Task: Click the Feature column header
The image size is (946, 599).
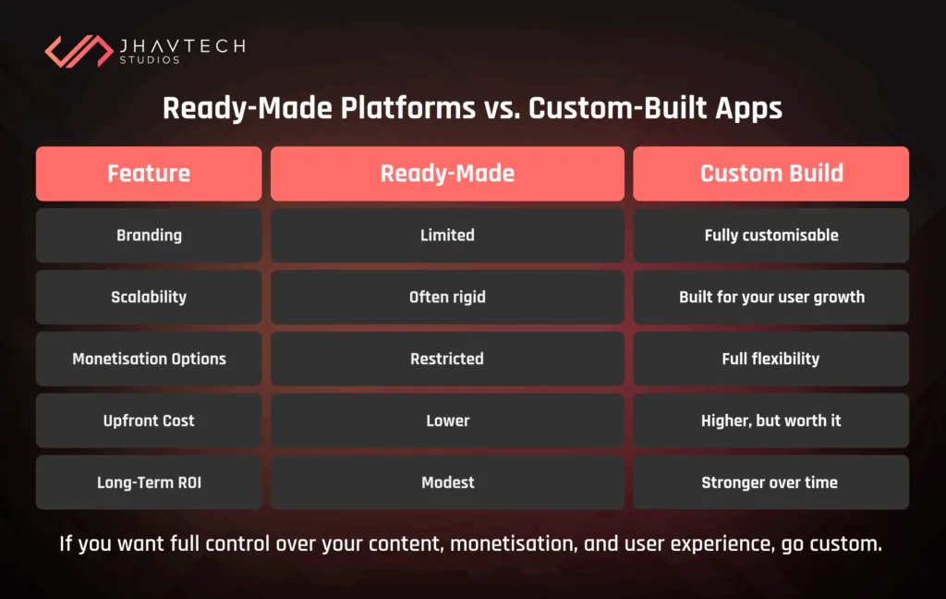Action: [x=149, y=174]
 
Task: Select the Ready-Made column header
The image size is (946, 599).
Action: [x=447, y=174]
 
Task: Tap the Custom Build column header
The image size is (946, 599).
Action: [x=771, y=174]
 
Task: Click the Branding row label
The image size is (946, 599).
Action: [x=149, y=235]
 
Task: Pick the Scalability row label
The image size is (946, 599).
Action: [x=149, y=297]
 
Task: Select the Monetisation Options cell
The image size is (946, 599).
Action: [x=149, y=359]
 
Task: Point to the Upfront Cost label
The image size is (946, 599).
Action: [x=149, y=421]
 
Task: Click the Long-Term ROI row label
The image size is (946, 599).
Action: [x=149, y=483]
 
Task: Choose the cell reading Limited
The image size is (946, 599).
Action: [x=447, y=235]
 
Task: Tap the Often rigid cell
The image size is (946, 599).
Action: [x=447, y=297]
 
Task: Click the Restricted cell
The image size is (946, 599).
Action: [x=447, y=359]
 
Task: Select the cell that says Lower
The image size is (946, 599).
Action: [x=447, y=421]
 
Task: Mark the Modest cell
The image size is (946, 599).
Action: [x=447, y=483]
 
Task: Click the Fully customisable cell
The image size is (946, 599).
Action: [x=771, y=235]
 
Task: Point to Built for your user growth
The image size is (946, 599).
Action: [x=771, y=297]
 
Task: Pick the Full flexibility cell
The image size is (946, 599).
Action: [x=771, y=359]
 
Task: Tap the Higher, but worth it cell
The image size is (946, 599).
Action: [x=771, y=421]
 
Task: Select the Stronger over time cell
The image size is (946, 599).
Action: [x=771, y=483]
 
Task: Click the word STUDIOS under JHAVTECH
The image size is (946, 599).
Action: [x=150, y=61]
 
